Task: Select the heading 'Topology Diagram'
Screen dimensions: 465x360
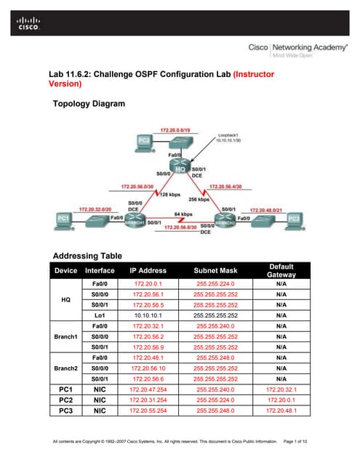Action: pyautogui.click(x=89, y=104)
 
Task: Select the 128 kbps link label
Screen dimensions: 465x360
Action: pyautogui.click(x=169, y=194)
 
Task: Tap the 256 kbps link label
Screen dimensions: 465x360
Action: pyautogui.click(x=199, y=198)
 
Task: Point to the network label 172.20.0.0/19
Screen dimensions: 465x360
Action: pyautogui.click(x=175, y=130)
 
